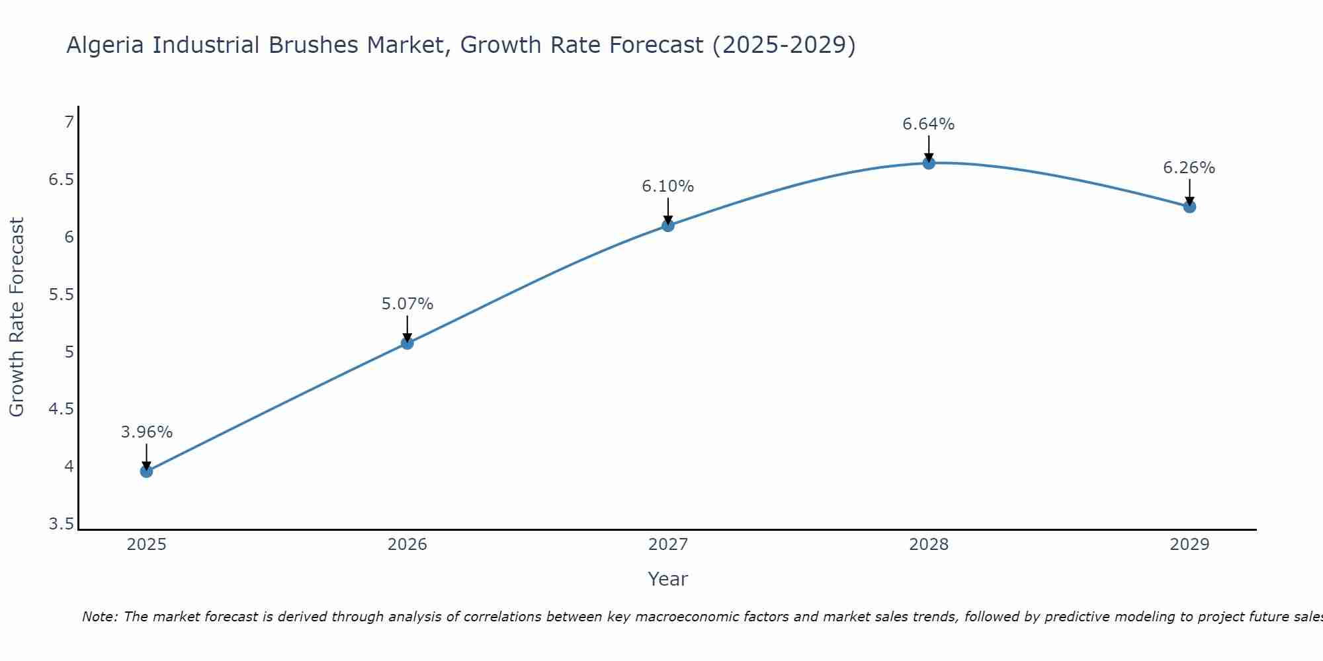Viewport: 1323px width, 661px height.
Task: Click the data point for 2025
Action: click(x=146, y=471)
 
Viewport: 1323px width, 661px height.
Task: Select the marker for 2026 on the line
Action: click(x=407, y=343)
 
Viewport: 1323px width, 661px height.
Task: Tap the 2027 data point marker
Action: click(x=668, y=225)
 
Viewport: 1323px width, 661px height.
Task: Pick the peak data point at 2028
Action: click(x=929, y=163)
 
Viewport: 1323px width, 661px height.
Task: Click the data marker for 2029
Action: click(x=1189, y=207)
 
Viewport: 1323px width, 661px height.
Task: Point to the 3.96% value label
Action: click(x=146, y=432)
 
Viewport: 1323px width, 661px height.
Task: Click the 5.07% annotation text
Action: click(x=407, y=304)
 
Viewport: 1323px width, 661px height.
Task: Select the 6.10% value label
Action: click(x=668, y=186)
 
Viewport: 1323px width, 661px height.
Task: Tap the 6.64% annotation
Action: click(x=929, y=124)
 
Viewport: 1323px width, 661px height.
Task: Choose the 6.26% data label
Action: click(x=1189, y=168)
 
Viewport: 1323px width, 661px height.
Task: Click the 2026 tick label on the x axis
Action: click(x=407, y=545)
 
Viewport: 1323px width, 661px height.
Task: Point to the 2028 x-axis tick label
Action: click(x=929, y=545)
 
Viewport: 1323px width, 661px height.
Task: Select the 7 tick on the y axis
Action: click(x=68, y=122)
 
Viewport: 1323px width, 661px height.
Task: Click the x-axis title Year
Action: click(x=668, y=579)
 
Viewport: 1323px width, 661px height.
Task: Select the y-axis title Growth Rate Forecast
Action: click(x=17, y=317)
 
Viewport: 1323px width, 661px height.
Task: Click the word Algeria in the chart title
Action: click(x=106, y=46)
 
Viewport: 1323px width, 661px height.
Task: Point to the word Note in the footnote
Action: click(x=99, y=617)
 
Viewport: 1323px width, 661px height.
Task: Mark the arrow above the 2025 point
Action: click(x=146, y=457)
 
